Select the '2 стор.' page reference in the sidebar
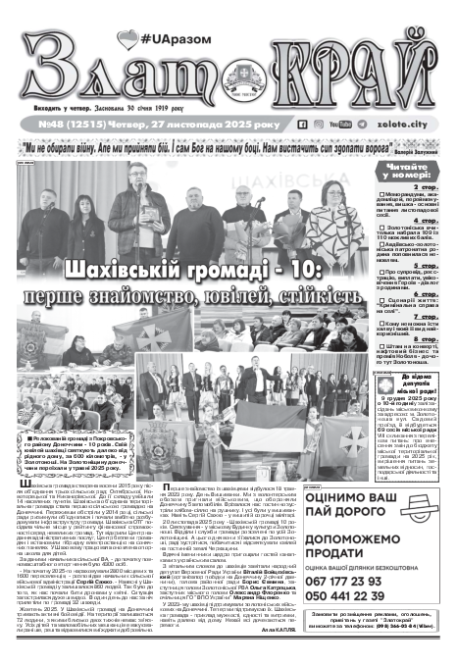click(432, 185)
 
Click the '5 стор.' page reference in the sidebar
click(432, 265)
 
